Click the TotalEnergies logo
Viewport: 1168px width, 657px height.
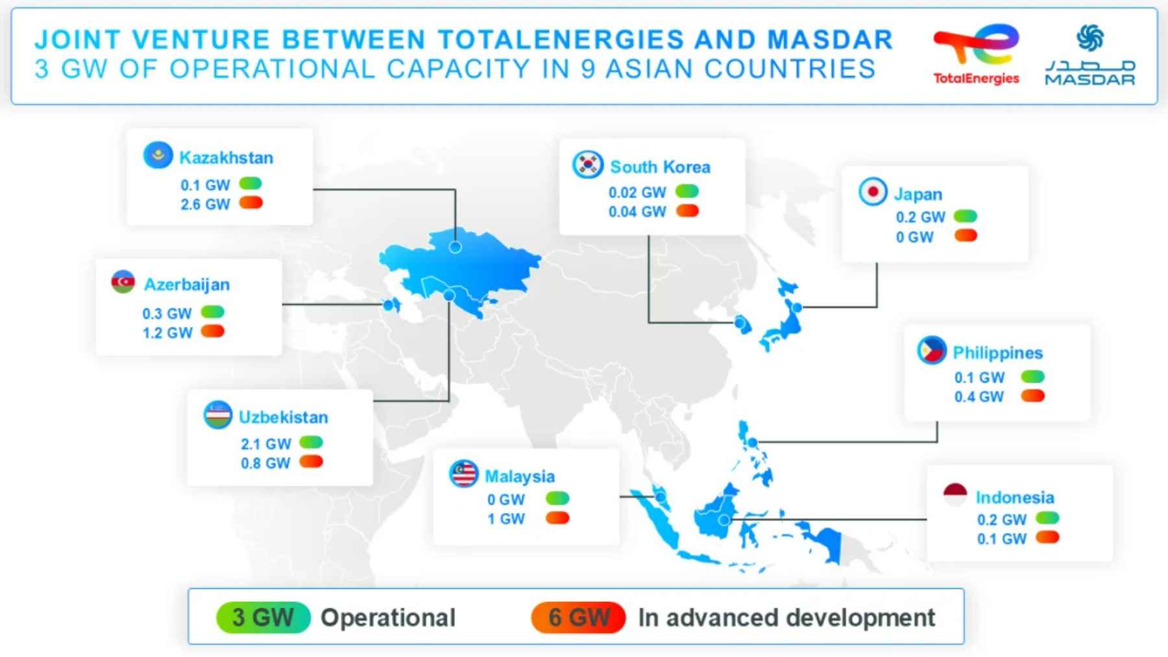(x=976, y=54)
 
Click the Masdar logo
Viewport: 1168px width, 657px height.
(x=1089, y=56)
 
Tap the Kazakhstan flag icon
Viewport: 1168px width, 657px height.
(x=158, y=156)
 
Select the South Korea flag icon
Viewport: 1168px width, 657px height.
(x=588, y=165)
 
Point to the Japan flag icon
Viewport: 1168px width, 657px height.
(x=873, y=191)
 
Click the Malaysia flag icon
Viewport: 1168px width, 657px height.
(x=464, y=474)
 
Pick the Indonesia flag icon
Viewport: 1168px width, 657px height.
(x=955, y=495)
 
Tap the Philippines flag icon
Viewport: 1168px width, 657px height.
(x=932, y=350)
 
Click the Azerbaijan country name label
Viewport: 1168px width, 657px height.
(x=187, y=285)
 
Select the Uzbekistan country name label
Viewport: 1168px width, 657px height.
(x=284, y=417)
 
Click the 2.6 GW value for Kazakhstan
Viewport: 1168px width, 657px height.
(x=205, y=204)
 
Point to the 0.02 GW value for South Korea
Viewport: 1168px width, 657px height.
(x=637, y=193)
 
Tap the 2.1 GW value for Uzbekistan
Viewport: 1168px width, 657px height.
(x=265, y=444)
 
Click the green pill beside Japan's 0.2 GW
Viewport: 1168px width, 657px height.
(x=966, y=216)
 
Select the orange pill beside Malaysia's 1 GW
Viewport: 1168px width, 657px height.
(x=557, y=518)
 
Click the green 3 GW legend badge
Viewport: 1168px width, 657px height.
(x=263, y=617)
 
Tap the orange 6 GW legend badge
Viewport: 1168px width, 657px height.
(x=578, y=617)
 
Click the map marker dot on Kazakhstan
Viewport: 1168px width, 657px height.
(x=456, y=247)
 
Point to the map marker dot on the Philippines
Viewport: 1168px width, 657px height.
(x=752, y=442)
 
